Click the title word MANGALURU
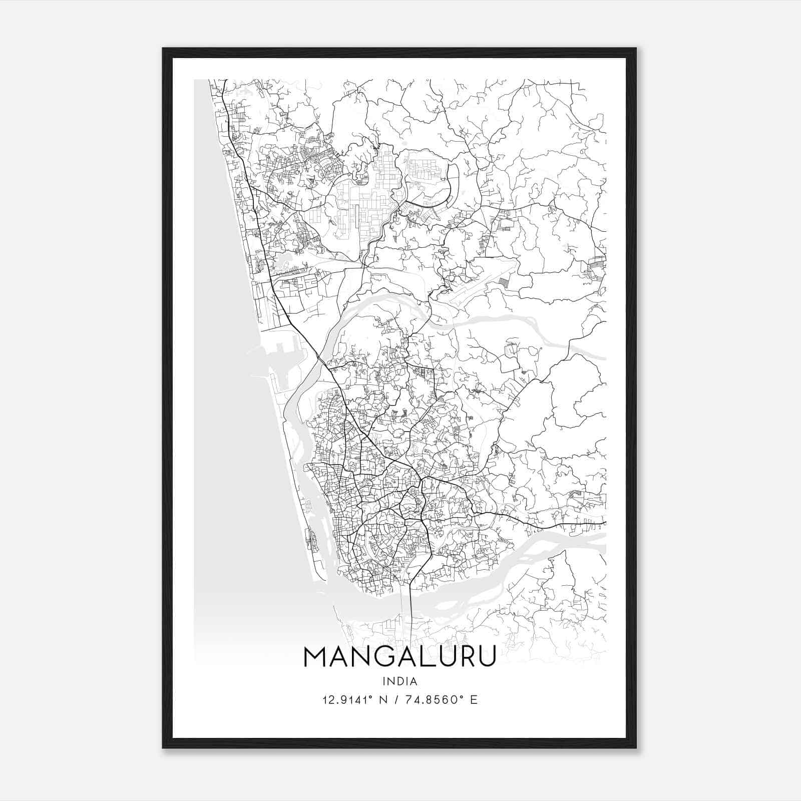(399, 657)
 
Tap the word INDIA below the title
(399, 681)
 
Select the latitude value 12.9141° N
(356, 699)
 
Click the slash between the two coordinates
(397, 699)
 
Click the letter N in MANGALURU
(359, 657)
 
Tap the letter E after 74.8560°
(474, 699)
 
